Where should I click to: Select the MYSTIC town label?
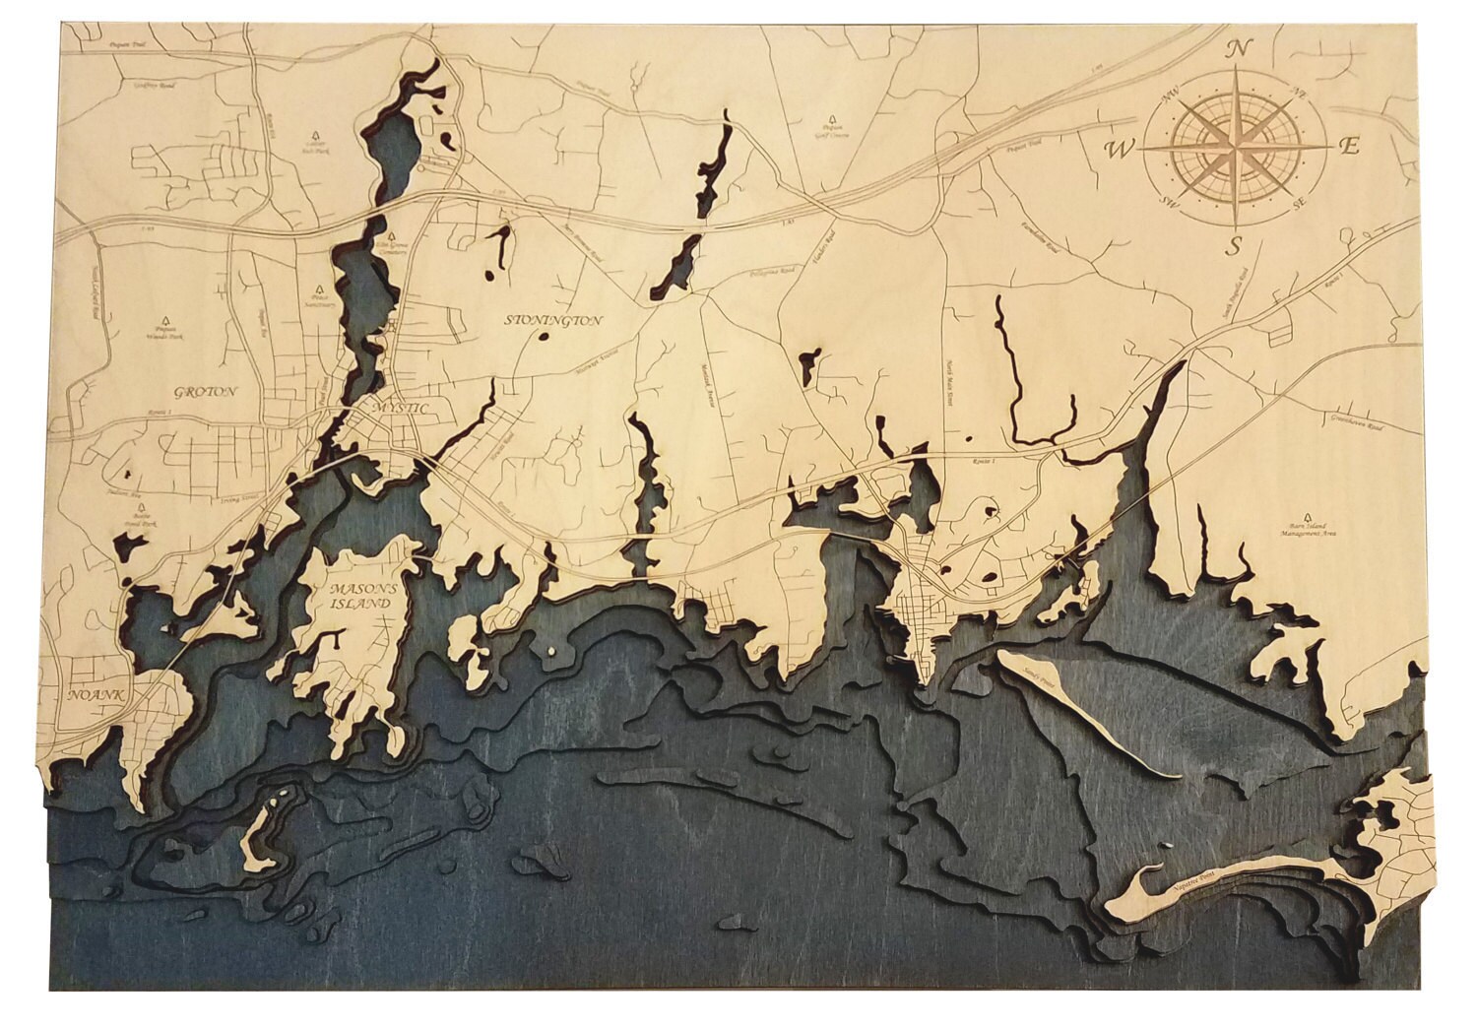point(405,409)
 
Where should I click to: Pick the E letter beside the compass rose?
point(1350,147)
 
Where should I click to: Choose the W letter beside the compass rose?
point(1120,150)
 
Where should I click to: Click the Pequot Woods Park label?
point(163,333)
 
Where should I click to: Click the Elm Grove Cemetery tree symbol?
point(391,238)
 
